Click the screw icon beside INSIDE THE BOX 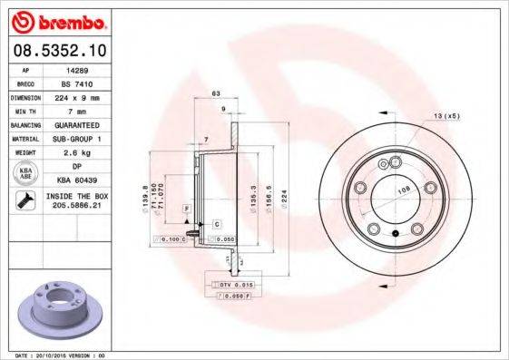26,201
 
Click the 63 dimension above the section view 216,93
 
